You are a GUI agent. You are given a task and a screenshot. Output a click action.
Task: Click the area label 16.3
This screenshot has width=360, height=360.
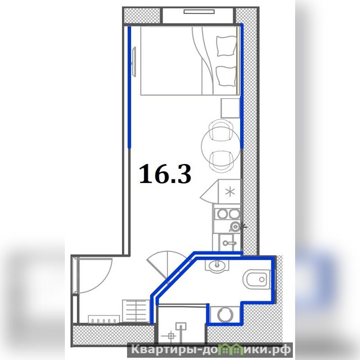click(x=165, y=174)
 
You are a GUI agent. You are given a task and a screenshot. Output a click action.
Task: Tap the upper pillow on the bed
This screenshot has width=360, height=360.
click(x=226, y=46)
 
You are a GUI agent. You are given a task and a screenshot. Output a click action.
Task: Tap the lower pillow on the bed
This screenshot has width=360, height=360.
click(x=226, y=76)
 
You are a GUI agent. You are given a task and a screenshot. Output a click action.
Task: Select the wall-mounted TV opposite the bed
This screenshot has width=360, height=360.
click(x=134, y=61)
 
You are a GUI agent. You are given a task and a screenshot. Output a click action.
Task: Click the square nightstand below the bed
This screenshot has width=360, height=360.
click(x=230, y=108)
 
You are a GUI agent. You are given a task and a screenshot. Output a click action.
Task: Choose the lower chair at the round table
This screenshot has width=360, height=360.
click(x=222, y=161)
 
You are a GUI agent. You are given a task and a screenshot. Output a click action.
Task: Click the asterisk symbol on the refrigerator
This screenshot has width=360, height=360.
click(x=230, y=192)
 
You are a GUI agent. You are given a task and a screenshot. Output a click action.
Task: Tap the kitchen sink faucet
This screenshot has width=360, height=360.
click(x=230, y=243)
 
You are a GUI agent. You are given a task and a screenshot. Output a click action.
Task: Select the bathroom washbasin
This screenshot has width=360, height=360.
click(x=217, y=266)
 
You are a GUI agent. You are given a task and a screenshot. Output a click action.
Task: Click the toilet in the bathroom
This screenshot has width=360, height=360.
click(x=257, y=279)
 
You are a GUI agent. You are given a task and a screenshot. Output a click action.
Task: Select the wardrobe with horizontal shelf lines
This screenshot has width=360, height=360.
click(x=136, y=310)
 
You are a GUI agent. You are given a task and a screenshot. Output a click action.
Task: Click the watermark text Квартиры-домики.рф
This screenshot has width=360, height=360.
click(x=210, y=350)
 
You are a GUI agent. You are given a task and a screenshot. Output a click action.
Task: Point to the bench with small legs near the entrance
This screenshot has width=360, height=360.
click(x=104, y=319)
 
